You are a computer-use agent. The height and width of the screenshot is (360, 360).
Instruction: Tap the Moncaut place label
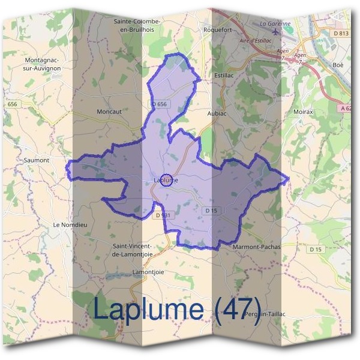(x=109, y=112)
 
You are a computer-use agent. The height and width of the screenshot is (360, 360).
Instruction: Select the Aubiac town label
(x=217, y=113)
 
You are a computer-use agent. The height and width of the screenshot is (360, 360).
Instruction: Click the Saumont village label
(x=37, y=160)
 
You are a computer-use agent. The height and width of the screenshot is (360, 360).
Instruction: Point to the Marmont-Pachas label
(x=256, y=246)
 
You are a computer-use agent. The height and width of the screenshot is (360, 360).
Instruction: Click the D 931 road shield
(x=162, y=215)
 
